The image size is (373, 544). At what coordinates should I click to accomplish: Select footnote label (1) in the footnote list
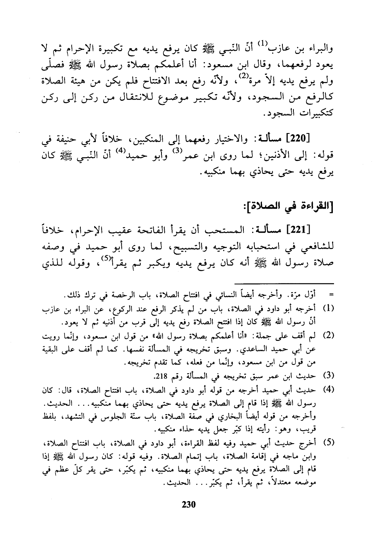pyautogui.click(x=329, y=308)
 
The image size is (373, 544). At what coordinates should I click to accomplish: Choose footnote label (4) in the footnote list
pyautogui.click(x=329, y=389)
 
